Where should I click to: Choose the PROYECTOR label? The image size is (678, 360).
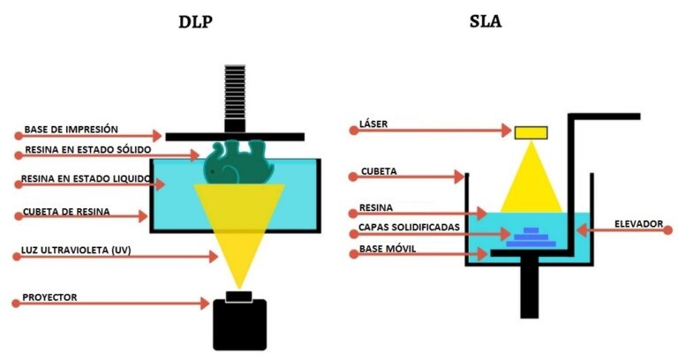coord(52,297)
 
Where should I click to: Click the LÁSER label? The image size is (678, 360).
coord(374,125)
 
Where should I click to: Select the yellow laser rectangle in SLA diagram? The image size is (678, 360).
coord(531,132)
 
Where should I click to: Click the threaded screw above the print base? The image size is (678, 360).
coord(235,98)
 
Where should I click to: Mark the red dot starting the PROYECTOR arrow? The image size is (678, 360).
coord(16,304)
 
